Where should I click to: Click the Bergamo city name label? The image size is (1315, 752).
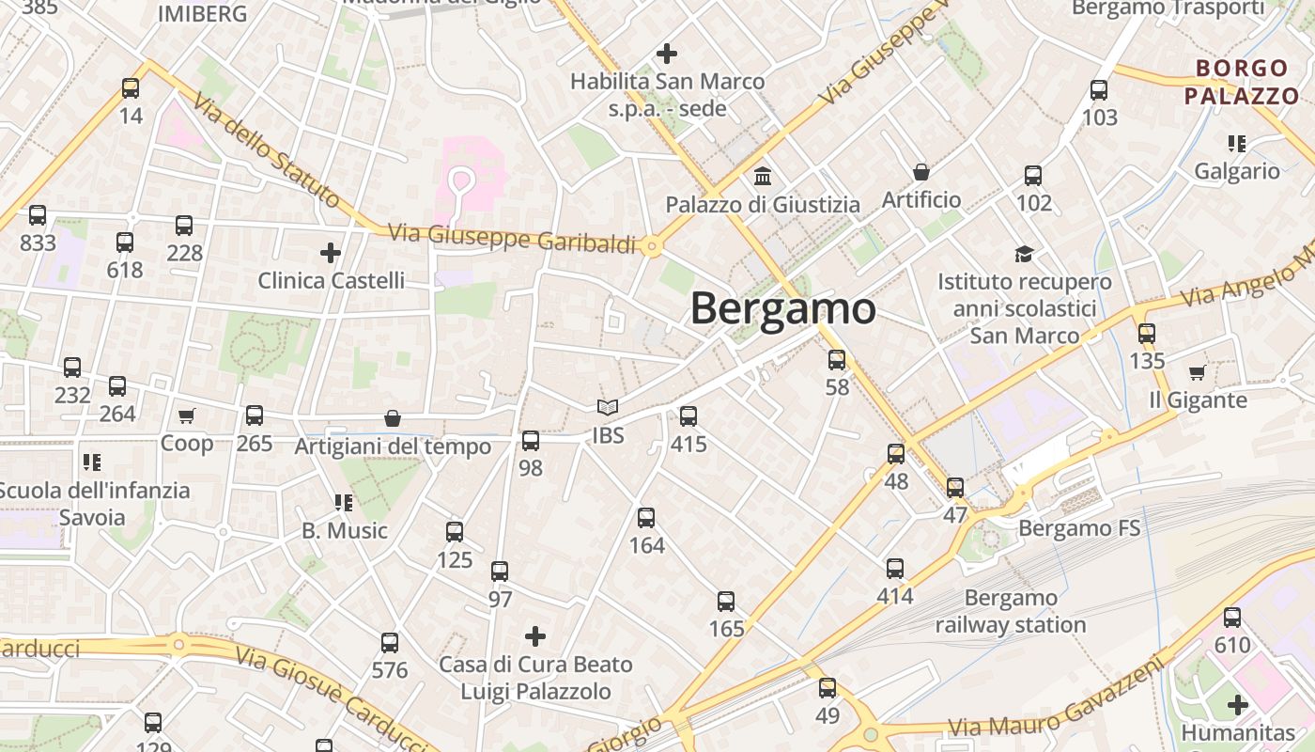pos(783,309)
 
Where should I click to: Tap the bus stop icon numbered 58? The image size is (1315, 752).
pos(837,359)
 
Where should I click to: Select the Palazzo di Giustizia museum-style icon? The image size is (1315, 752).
pos(763,176)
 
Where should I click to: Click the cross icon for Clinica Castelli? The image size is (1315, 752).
pos(331,252)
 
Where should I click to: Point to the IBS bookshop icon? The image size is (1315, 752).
pos(608,408)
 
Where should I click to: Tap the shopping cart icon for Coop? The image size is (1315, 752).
pos(187,415)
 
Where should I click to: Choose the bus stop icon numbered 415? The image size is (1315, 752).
pos(688,415)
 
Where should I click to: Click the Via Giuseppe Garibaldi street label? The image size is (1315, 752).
pos(512,238)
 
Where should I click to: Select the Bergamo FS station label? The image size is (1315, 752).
pos(1079,528)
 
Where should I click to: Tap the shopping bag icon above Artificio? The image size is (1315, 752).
pos(921,172)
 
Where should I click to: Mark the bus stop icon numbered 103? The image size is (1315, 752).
pos(1099,90)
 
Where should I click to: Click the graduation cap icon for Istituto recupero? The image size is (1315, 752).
pos(1024,254)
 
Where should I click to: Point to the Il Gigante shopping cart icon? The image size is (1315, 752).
pos(1197,373)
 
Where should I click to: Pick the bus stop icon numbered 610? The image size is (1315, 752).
pos(1232,618)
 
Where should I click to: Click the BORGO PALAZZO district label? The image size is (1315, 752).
pos(1241,82)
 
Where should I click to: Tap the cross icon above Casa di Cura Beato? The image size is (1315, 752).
pos(535,636)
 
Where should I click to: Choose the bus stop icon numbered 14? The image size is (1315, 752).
pos(131,88)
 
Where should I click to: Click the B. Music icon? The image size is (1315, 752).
pos(344,503)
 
